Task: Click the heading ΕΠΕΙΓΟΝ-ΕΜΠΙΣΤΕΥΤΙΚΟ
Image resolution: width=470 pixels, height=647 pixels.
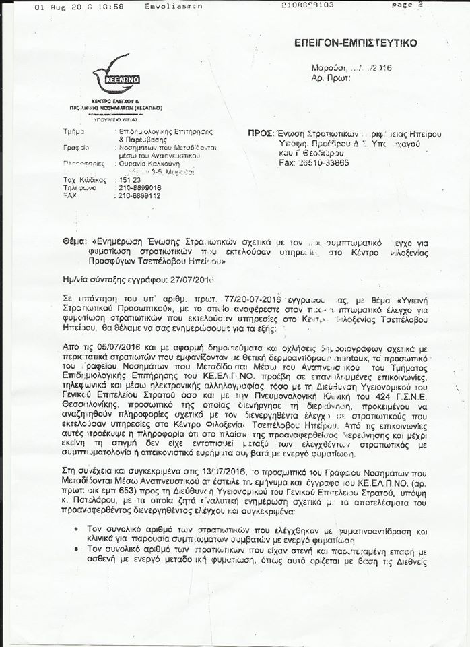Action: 356,43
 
